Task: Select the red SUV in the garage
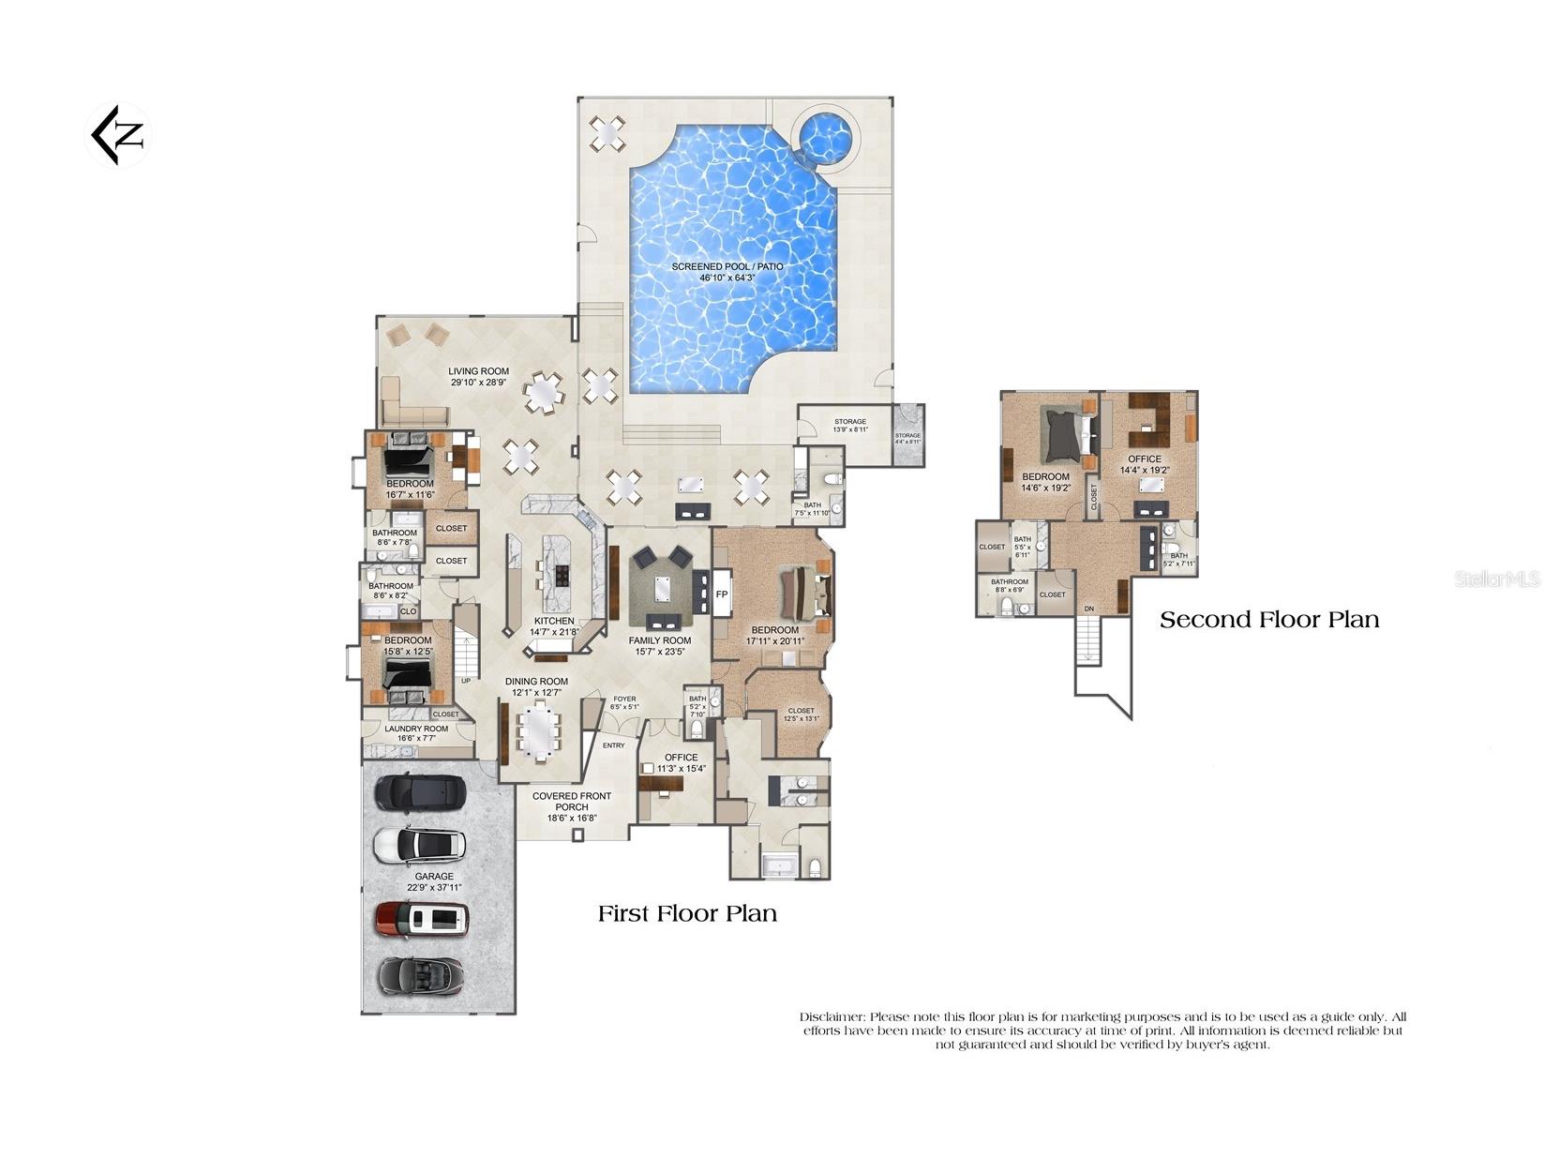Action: pyautogui.click(x=422, y=920)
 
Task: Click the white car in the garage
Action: pyautogui.click(x=419, y=845)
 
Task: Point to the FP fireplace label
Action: pyautogui.click(x=722, y=594)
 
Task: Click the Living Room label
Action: pyautogui.click(x=478, y=371)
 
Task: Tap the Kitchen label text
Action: pyautogui.click(x=554, y=621)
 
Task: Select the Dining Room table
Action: pyautogui.click(x=538, y=731)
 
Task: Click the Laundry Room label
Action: pyautogui.click(x=417, y=729)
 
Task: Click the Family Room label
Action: pyautogui.click(x=660, y=640)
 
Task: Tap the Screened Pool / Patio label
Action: pyautogui.click(x=727, y=267)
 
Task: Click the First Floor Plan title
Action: pyautogui.click(x=687, y=913)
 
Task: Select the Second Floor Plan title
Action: pyautogui.click(x=1269, y=620)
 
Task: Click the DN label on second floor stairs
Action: pyautogui.click(x=1088, y=609)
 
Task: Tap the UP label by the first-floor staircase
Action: pyautogui.click(x=466, y=681)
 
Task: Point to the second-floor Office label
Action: pyautogui.click(x=1144, y=459)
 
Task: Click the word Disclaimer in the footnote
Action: pyautogui.click(x=832, y=1016)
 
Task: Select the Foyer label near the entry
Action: pyautogui.click(x=624, y=699)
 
